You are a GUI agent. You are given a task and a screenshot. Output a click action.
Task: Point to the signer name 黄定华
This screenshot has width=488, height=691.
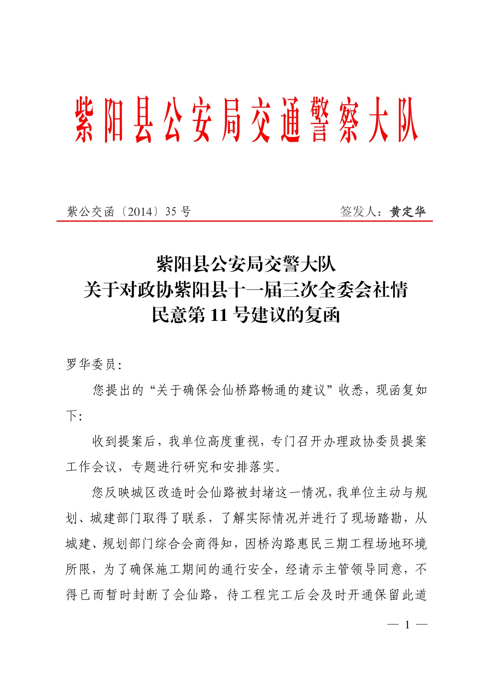click(408, 212)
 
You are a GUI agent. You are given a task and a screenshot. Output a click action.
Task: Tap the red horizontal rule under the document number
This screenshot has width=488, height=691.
click(244, 221)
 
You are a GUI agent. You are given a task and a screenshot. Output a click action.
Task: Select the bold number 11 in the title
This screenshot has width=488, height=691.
click(219, 315)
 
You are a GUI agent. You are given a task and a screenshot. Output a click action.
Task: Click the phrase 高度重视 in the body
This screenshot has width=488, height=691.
click(233, 441)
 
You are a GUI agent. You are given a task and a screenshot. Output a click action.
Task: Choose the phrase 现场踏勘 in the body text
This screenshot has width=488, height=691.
click(377, 518)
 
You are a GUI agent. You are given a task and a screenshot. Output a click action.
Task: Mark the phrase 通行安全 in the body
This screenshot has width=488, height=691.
click(247, 569)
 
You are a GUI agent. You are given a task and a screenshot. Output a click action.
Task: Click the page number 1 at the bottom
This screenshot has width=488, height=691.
click(407, 624)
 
